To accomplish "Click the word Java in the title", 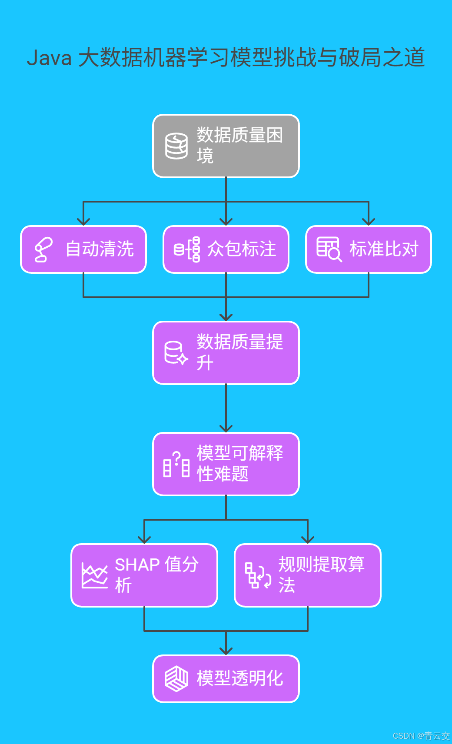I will [x=49, y=58].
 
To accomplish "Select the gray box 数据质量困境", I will [x=226, y=146].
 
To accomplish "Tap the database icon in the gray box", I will [x=176, y=146].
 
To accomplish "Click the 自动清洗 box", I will [x=83, y=249].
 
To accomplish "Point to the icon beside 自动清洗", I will [x=43, y=249].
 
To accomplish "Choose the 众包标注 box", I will [x=226, y=249].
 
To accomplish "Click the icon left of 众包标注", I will [x=187, y=249].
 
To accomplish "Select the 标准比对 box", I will [x=369, y=249].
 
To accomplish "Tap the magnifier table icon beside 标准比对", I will [x=329, y=249].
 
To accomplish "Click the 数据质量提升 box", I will [x=226, y=353].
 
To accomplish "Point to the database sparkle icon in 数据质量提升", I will [x=176, y=353].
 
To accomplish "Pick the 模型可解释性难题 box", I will [x=226, y=464].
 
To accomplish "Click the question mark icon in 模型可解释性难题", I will [x=176, y=464].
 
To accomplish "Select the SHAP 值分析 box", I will [x=144, y=575].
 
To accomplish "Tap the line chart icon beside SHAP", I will [x=95, y=576].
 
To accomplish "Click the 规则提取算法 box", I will [x=308, y=575].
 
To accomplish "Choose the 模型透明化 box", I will [x=226, y=679].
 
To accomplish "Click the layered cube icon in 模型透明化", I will [x=176, y=679].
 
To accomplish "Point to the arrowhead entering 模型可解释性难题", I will [x=226, y=428].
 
